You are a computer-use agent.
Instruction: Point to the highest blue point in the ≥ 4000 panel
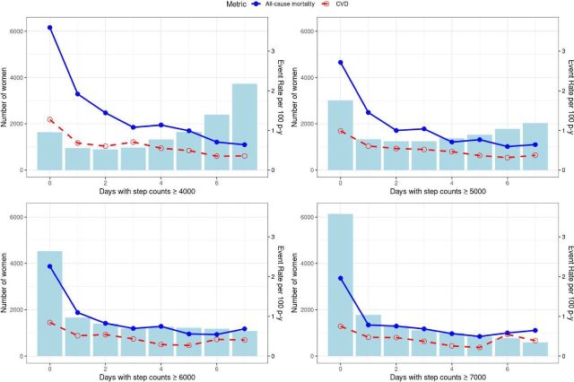tap(49, 28)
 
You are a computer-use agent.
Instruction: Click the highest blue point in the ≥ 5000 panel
tap(340, 62)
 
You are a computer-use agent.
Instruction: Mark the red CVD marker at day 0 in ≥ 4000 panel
tap(49, 119)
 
